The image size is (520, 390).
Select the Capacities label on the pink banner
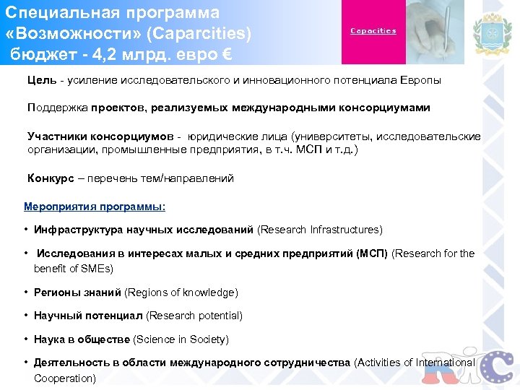coord(373,31)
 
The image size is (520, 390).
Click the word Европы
coord(420,80)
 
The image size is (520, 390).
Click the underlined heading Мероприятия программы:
coord(95,207)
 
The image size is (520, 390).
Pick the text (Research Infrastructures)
coord(320,230)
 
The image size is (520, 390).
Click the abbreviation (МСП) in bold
coord(372,253)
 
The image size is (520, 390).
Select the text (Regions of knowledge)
coord(181,292)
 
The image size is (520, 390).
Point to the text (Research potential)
coord(194,316)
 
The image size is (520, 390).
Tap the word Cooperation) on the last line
coord(65,378)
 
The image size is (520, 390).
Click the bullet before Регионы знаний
coord(25,292)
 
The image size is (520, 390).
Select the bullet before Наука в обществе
coord(25,339)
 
